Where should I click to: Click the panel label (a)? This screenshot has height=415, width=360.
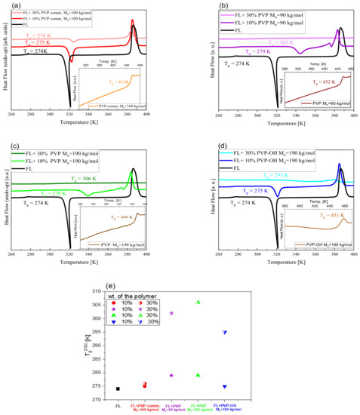8,6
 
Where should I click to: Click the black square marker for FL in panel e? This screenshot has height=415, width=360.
118,389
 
